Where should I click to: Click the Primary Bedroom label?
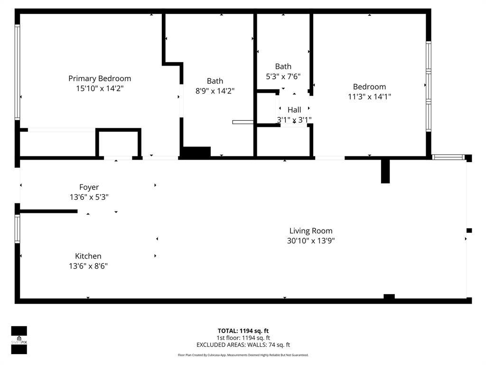[x=100, y=78]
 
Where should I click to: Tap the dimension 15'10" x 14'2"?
[x=100, y=88]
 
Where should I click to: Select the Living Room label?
[x=311, y=231]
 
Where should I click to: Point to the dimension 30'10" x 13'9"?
[x=311, y=241]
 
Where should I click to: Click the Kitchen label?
[x=88, y=256]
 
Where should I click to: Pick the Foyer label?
[x=89, y=187]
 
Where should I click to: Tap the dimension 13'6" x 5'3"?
[x=89, y=197]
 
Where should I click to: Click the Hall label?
[x=294, y=110]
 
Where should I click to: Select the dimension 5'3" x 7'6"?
[x=283, y=77]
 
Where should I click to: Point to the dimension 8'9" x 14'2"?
[x=215, y=91]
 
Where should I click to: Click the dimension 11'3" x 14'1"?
[x=369, y=96]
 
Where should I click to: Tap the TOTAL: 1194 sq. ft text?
[x=243, y=331]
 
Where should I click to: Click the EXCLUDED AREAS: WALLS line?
[x=243, y=345]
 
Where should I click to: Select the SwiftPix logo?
[x=19, y=340]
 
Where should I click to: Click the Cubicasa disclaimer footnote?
[x=243, y=355]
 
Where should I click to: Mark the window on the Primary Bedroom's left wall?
[x=18, y=71]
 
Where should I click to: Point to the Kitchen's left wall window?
[x=18, y=229]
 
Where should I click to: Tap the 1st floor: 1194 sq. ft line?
[x=243, y=338]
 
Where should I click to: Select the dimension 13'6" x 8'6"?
[x=88, y=266]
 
